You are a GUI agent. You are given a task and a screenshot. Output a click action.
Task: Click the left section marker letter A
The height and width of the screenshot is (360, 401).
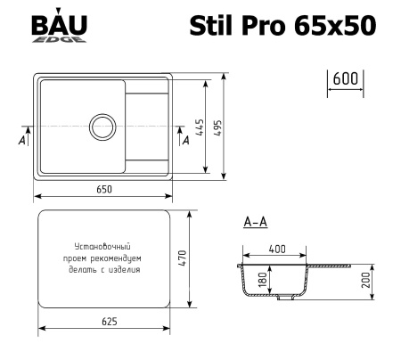(x=20, y=141)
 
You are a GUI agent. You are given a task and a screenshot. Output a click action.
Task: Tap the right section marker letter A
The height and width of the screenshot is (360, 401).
(x=185, y=139)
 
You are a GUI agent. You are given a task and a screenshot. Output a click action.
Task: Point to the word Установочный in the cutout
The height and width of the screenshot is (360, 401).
(x=102, y=244)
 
